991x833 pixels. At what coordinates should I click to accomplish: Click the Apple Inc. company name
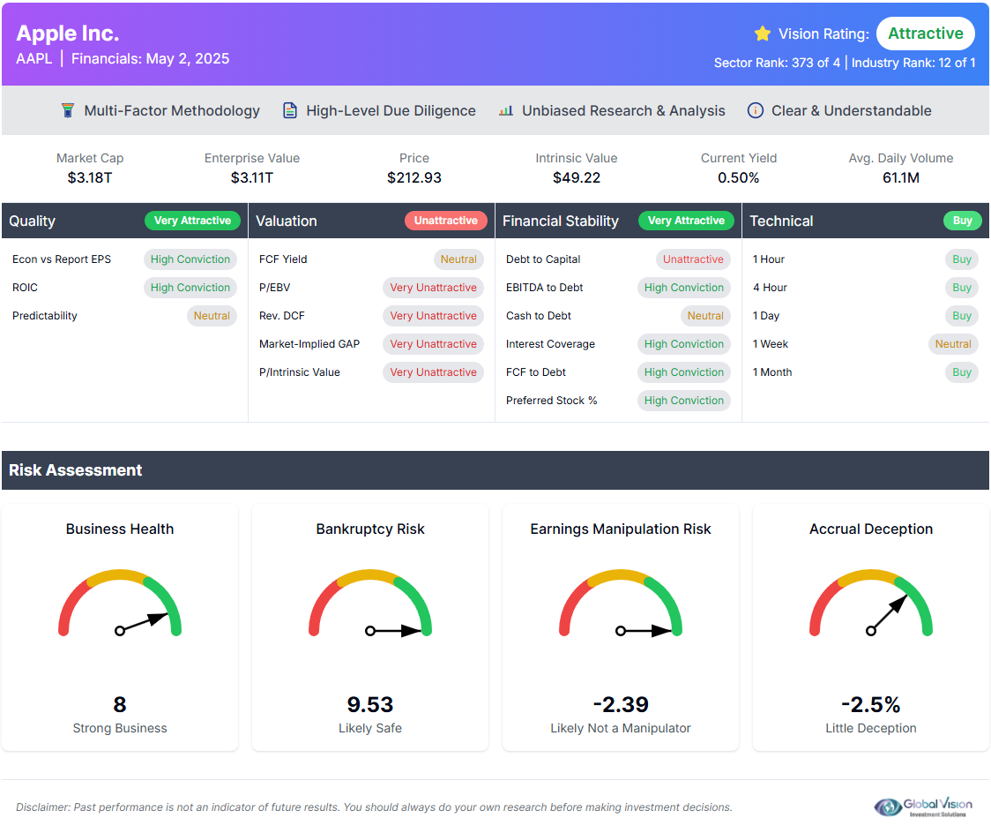point(68,34)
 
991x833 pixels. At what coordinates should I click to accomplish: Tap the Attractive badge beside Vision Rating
point(925,34)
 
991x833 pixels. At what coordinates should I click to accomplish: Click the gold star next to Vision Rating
point(763,34)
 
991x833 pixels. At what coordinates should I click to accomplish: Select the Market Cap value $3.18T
point(90,177)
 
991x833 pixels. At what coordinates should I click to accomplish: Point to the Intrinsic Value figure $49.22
point(577,177)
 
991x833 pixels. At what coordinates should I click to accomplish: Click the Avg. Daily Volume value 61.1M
point(901,177)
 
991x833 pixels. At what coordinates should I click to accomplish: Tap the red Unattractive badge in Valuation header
point(446,221)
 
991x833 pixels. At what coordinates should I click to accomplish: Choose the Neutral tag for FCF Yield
point(458,259)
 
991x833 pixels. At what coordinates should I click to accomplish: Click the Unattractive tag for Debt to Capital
point(693,259)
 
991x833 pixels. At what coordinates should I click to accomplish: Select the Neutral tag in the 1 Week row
point(953,344)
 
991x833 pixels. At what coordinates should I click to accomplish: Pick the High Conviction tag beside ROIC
point(190,288)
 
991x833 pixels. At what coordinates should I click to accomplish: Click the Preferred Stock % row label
point(551,401)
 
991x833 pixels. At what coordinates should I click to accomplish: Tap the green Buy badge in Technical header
point(962,221)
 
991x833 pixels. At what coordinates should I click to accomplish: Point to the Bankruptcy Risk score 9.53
point(370,704)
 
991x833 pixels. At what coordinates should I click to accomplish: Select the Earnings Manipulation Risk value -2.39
point(621,704)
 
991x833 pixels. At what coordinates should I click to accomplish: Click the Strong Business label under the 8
point(120,728)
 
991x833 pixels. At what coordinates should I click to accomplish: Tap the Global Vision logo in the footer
point(923,807)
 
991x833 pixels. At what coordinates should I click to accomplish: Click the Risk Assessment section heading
point(76,470)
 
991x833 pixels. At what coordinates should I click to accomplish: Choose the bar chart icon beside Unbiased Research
point(505,110)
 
